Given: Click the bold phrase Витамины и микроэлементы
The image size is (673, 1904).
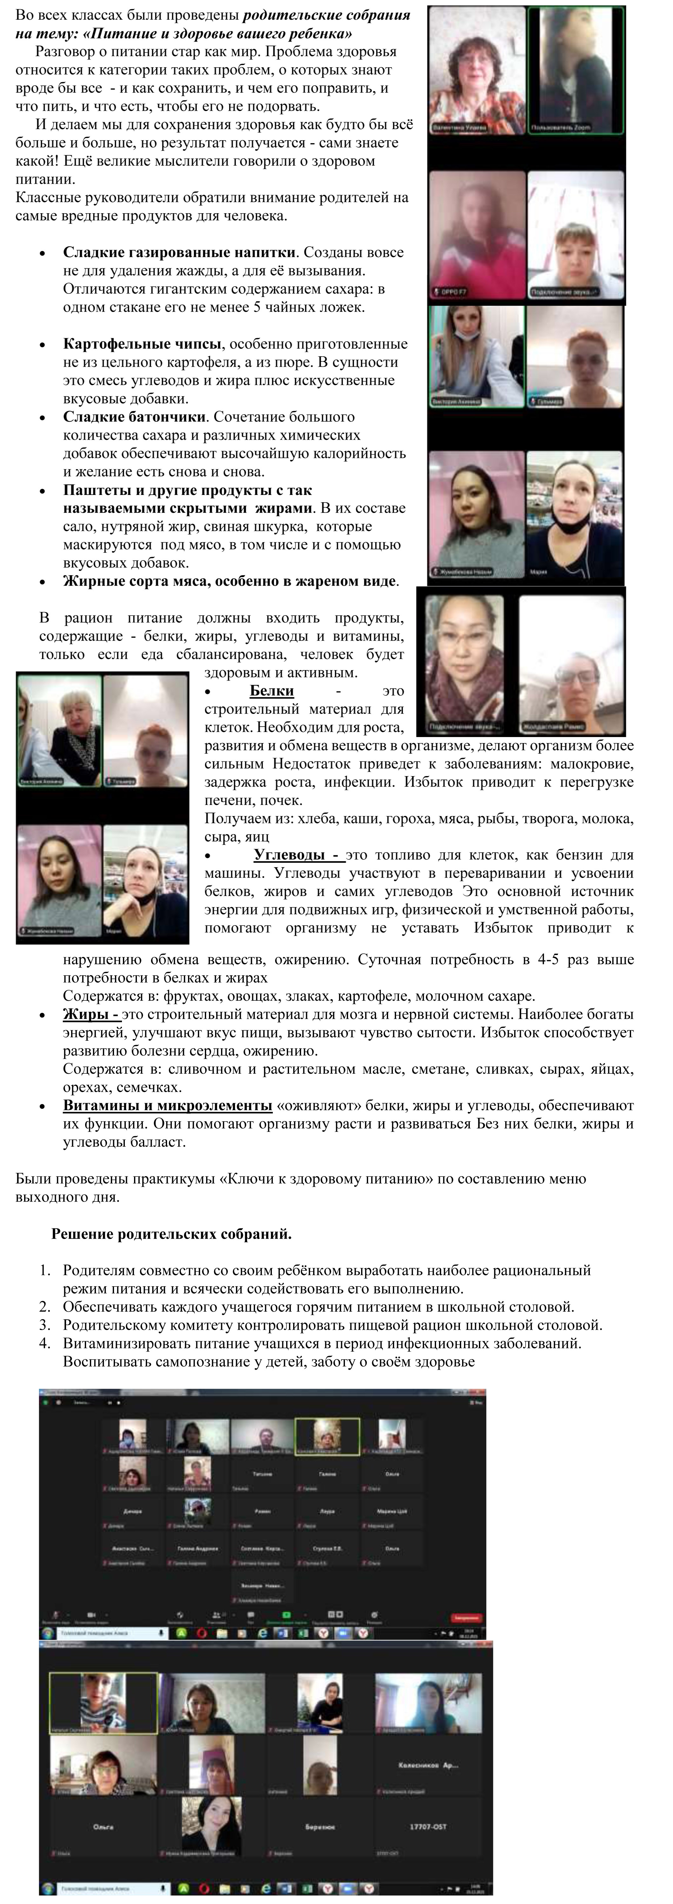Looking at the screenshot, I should [x=167, y=1106].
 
